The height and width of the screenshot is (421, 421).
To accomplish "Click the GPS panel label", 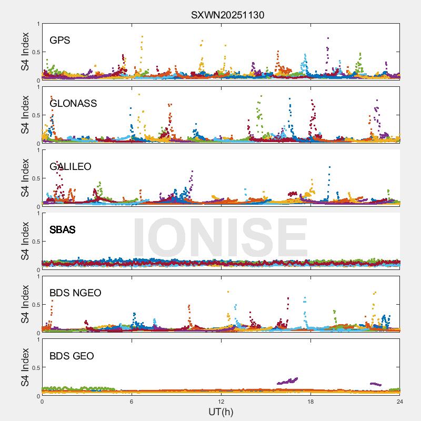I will (60, 40).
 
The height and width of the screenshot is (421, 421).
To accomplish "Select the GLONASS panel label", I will (73, 103).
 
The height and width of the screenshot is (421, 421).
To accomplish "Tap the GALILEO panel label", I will (71, 166).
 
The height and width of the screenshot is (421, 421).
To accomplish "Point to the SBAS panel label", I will (62, 229).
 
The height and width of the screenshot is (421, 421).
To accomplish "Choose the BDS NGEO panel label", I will (75, 293).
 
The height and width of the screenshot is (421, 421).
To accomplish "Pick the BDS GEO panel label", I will (72, 356).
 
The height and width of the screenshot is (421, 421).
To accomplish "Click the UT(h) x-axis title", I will (220, 412).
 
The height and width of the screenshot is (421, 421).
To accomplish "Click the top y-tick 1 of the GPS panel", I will (37, 24).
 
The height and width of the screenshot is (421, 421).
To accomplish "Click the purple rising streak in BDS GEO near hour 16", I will (287, 380).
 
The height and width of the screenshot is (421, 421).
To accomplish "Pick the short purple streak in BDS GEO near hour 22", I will (376, 384).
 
